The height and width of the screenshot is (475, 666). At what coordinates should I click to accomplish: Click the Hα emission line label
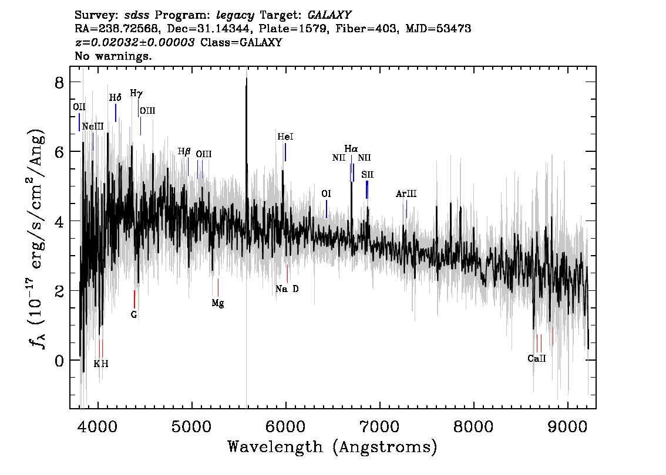pos(351,149)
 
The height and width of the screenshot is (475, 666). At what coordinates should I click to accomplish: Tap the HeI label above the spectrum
pos(285,137)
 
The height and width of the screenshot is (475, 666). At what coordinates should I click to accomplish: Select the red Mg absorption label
pos(217,303)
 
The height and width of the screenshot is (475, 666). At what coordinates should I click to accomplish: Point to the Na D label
pos(287,289)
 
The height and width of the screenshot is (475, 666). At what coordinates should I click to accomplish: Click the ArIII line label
pos(406,194)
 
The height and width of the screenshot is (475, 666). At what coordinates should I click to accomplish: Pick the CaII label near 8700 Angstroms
pos(536,358)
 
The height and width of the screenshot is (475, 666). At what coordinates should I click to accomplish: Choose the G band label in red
pos(134,315)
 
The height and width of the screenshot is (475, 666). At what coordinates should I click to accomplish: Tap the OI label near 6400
pos(326,194)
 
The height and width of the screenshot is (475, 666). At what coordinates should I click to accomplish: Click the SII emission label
pos(368,175)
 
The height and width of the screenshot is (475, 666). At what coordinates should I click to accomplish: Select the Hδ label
pos(115,97)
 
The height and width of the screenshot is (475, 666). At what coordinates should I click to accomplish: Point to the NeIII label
pos(93,127)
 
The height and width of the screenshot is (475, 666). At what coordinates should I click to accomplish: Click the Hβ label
pos(184,151)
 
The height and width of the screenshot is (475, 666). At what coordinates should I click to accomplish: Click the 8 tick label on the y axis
pos(59,82)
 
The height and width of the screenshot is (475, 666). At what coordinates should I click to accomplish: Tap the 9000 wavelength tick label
pos(568,426)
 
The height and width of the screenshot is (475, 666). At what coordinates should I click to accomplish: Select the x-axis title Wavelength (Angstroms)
pos(332,447)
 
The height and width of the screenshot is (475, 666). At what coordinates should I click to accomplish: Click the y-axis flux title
pos(37,238)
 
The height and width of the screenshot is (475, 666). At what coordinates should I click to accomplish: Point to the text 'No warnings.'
pos(113,56)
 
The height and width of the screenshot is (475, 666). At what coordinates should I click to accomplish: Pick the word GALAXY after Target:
pos(329,15)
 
